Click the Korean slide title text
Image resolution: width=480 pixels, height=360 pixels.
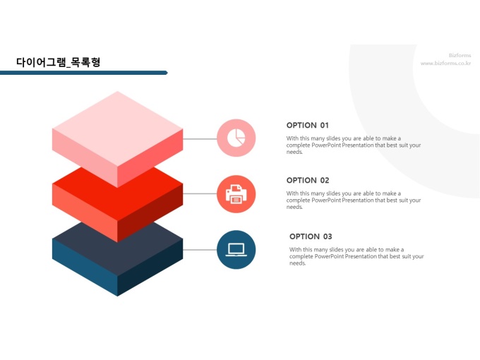[x=58, y=62]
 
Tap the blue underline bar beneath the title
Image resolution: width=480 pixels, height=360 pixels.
[x=84, y=73]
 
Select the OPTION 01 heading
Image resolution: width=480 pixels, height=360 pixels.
[x=307, y=125]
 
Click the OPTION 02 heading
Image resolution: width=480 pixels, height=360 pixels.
[x=308, y=180]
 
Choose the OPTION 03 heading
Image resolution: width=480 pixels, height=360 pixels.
[x=311, y=236]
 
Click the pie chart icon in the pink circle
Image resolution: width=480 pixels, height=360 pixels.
[x=236, y=138]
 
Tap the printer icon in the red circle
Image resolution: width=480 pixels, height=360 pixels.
[x=236, y=194]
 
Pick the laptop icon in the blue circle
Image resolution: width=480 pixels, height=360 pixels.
[x=236, y=250]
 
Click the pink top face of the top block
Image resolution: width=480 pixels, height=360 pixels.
[x=118, y=129]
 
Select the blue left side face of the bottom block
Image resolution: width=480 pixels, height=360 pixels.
[x=85, y=267]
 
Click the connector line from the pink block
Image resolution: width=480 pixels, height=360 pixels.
[x=200, y=138]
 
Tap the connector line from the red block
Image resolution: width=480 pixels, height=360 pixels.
[x=200, y=193]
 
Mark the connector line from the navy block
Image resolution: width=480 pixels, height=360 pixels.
[x=200, y=250]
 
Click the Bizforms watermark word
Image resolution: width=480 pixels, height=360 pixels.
[x=460, y=55]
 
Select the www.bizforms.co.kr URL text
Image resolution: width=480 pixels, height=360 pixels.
[x=445, y=64]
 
